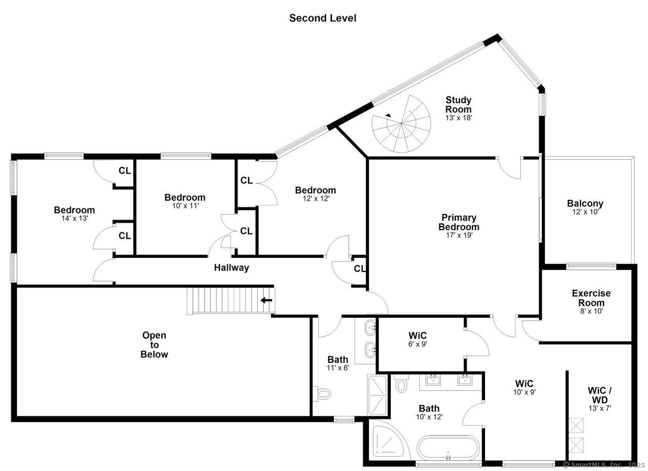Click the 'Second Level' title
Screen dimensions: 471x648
[x=322, y=18]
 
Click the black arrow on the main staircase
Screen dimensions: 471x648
[x=266, y=300]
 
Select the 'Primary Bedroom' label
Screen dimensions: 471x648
[x=458, y=222]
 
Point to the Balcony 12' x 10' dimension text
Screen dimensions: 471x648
[x=585, y=212]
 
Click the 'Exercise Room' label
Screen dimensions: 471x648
[x=591, y=297]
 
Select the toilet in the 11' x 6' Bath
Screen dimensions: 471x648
[x=322, y=393]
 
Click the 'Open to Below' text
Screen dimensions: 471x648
[x=154, y=345]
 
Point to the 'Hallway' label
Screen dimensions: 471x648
[x=231, y=268]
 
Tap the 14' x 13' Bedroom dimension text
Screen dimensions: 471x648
[x=74, y=219]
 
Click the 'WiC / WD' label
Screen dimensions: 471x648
[x=599, y=395]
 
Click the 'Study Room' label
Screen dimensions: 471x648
[x=458, y=104]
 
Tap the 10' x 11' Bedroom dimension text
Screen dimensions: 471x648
[x=185, y=206]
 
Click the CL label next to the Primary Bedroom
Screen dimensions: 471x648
[x=360, y=269]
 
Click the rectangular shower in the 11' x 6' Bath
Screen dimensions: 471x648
[x=377, y=395]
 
